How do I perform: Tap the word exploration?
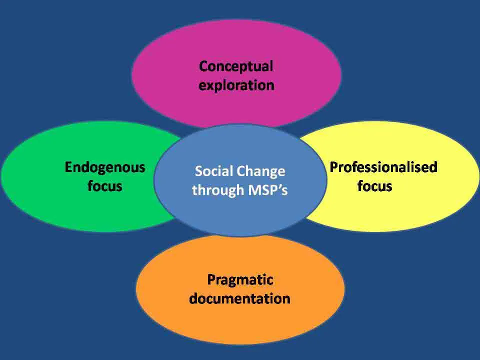[236, 85]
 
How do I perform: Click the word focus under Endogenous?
[105, 186]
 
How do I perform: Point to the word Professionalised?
[383, 167]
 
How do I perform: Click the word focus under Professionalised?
[374, 186]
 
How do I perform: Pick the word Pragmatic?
[240, 280]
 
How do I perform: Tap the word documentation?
[239, 298]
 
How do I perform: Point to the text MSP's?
[268, 190]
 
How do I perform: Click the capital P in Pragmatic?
[211, 279]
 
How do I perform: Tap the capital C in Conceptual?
[204, 66]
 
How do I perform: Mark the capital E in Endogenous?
[69, 167]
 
